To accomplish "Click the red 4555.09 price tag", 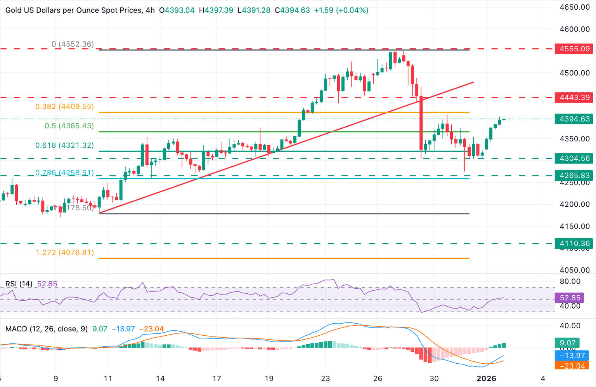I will tap(574, 49).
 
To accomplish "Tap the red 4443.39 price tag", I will tap(574, 98).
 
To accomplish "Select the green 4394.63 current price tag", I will tap(574, 119).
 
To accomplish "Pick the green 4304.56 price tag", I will tap(574, 158).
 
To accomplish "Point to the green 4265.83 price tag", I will tap(574, 176).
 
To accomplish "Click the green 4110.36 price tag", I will tap(574, 244).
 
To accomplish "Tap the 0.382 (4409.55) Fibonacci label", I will tap(64, 106).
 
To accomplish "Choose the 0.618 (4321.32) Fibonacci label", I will tap(64, 145).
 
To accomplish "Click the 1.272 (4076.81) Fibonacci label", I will tap(64, 253).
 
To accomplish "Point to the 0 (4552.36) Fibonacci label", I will tap(73, 44).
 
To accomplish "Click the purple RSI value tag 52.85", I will tap(570, 298).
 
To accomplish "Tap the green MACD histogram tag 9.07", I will tap(567, 343).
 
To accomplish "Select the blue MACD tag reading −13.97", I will tap(572, 356).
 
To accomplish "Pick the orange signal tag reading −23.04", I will tap(572, 366).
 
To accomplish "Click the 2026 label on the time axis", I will tap(486, 378).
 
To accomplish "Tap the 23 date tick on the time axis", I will tap(325, 378).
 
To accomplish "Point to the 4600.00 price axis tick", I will tap(574, 29).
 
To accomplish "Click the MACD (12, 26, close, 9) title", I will tap(47, 329).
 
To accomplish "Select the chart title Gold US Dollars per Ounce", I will tap(74, 10).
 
